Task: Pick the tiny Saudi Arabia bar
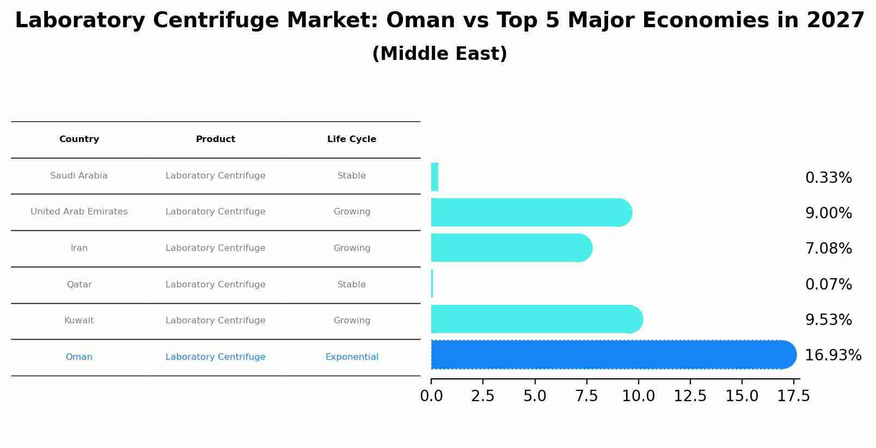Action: (x=434, y=177)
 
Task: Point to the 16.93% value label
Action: (x=832, y=355)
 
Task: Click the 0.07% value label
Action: (x=828, y=284)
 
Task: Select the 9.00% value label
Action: (x=828, y=213)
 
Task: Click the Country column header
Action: (x=79, y=139)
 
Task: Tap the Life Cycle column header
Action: (x=352, y=139)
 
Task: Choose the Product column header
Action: (x=216, y=139)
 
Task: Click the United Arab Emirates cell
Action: (x=79, y=212)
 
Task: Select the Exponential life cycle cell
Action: (x=352, y=357)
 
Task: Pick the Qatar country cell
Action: (x=79, y=284)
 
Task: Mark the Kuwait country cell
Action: (x=79, y=321)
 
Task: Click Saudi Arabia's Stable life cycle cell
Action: (x=352, y=176)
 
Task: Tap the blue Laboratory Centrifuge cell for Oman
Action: (x=216, y=357)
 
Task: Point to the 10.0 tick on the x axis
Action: (x=638, y=396)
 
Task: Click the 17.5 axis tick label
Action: (x=793, y=396)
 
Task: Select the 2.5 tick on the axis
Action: (x=482, y=396)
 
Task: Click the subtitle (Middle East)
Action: (x=439, y=54)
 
